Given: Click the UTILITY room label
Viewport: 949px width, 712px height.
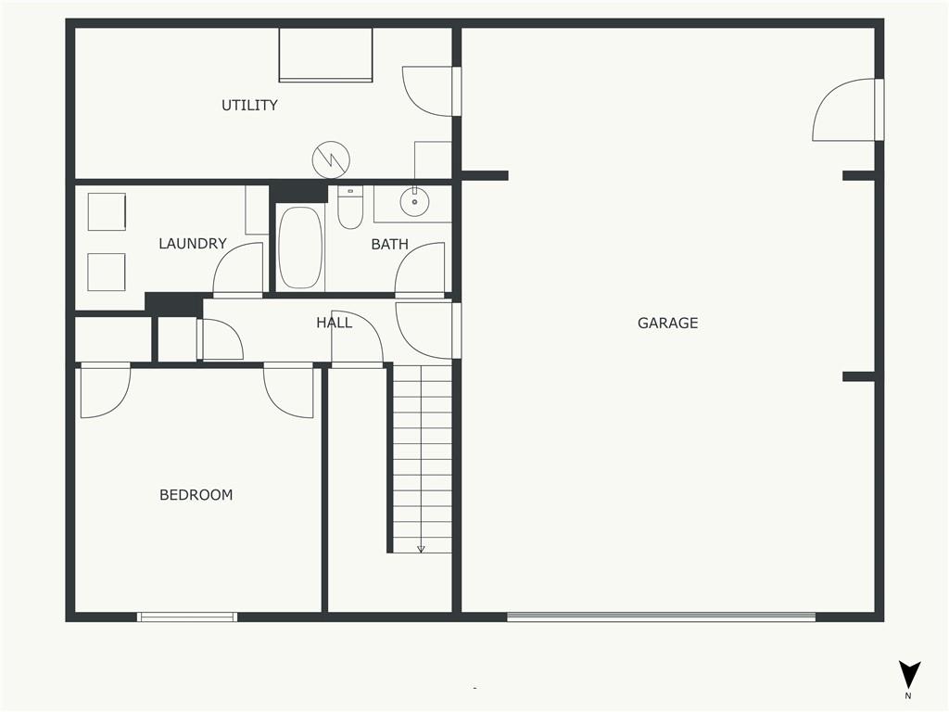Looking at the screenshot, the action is coord(249,106).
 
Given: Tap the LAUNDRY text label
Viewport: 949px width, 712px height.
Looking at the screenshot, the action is coord(193,244).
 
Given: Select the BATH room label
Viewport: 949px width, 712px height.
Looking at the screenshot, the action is coord(390,244).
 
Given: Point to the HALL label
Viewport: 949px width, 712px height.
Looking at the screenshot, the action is coord(334,323).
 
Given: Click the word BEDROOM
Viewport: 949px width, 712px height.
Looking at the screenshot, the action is coord(196,495).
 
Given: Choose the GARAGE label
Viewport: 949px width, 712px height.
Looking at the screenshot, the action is coord(667,323).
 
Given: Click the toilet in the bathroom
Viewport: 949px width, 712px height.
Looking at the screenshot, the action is coord(350,208).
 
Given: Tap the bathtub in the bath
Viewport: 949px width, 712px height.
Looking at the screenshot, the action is coord(300,248).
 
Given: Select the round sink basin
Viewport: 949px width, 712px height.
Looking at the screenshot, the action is coord(414,201).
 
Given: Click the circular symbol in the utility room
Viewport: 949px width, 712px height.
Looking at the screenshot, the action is coord(331,159).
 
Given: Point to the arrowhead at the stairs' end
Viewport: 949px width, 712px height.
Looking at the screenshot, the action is coord(421,549).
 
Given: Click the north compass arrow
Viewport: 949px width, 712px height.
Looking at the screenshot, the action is coord(909,675).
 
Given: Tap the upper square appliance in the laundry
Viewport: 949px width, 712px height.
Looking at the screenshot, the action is coord(107,212).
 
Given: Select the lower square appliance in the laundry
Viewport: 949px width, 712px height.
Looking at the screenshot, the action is coord(107,272).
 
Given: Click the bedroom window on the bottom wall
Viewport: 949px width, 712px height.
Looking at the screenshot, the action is coord(187,617).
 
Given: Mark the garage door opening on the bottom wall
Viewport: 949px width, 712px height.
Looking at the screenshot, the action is coord(661,617).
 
